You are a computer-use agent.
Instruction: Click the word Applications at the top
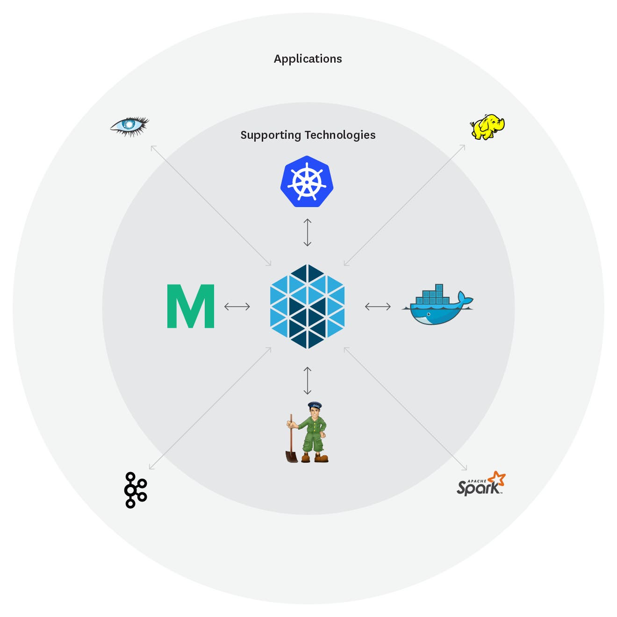(308, 59)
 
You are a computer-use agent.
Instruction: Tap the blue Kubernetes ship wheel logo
(307, 182)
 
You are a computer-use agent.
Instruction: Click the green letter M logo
(191, 306)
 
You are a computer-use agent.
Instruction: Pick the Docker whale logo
(437, 306)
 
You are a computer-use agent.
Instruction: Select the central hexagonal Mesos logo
(307, 307)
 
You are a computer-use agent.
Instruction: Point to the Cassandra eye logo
(129, 126)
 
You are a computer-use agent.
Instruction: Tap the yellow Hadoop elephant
(487, 127)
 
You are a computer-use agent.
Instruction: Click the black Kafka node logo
(135, 490)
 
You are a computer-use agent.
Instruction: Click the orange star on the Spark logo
(496, 479)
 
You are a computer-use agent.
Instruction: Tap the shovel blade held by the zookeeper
(291, 456)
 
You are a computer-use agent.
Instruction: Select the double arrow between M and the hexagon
(237, 307)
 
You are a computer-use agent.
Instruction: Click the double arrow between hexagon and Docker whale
(378, 307)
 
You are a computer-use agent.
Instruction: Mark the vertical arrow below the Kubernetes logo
(307, 232)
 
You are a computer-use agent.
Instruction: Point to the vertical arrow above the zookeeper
(307, 380)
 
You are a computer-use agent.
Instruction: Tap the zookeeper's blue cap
(315, 405)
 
